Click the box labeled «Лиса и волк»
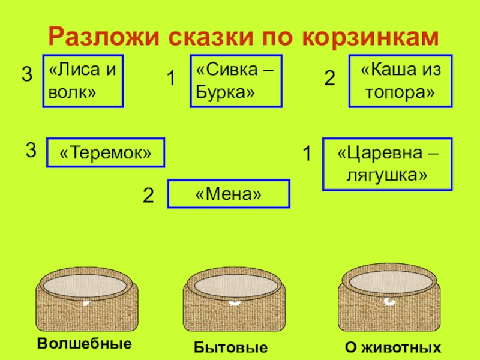coord(83,81)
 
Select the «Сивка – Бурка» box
coord(236,81)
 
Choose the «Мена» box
coord(228,194)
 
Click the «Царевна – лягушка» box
coord(388,164)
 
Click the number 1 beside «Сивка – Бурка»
coord(170,79)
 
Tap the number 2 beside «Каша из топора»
coord(329,79)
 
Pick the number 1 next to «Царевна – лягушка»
coord(307,155)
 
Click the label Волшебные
coord(84,344)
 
